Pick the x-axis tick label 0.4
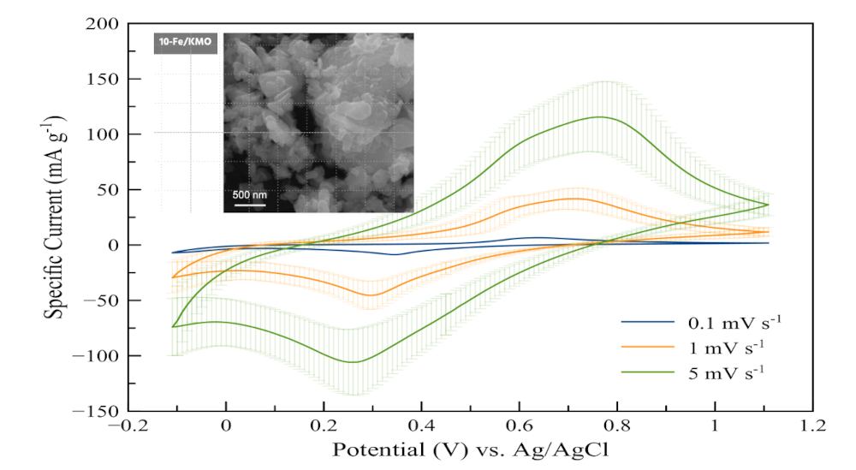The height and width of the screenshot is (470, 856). point(421,426)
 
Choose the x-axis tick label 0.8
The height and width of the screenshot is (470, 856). point(616,426)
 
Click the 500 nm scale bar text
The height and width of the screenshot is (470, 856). point(250,194)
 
